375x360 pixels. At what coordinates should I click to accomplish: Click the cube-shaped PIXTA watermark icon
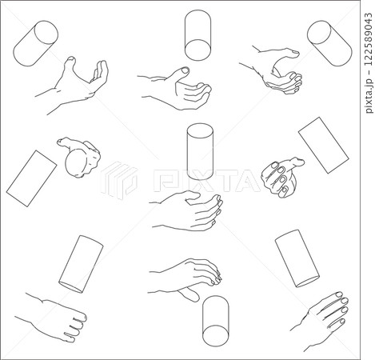pos(118,180)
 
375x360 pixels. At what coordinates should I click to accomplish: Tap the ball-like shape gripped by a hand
pos(77,163)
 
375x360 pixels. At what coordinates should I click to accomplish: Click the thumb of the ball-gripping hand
pos(67,143)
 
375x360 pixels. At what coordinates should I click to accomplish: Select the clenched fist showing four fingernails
pos(282,177)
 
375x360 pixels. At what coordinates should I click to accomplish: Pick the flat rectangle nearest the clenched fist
pos(323,145)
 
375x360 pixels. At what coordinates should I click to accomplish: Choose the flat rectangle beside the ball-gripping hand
pos(31,178)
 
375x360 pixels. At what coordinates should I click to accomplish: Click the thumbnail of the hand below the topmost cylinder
pos(185,70)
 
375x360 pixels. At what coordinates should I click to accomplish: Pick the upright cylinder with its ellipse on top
pos(200,151)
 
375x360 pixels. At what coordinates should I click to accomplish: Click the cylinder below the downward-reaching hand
pos(216,321)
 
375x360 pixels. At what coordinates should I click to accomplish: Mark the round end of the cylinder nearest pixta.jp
pos(319,31)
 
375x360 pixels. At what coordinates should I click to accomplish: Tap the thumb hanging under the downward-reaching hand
pos(189,294)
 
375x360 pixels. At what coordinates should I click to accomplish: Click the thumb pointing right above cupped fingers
pos(285,53)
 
